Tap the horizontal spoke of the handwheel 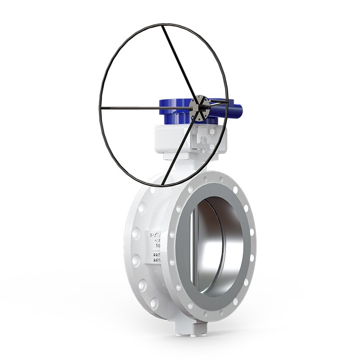tap(148, 108)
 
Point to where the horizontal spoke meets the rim tap(101, 108)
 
